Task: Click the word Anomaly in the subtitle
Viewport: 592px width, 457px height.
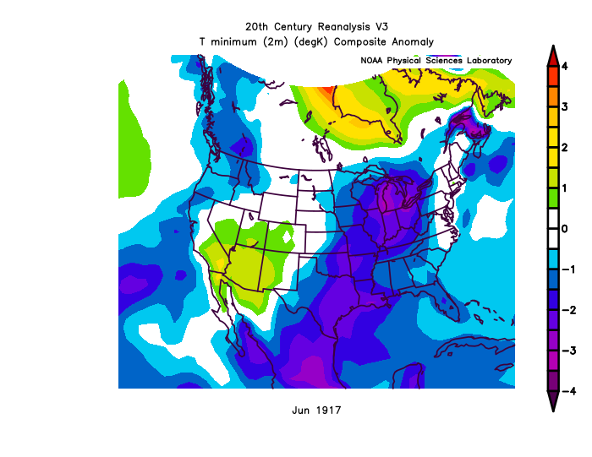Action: coord(414,41)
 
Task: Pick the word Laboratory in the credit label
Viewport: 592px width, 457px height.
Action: coord(485,61)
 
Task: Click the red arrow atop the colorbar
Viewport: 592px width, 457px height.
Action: coord(551,56)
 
